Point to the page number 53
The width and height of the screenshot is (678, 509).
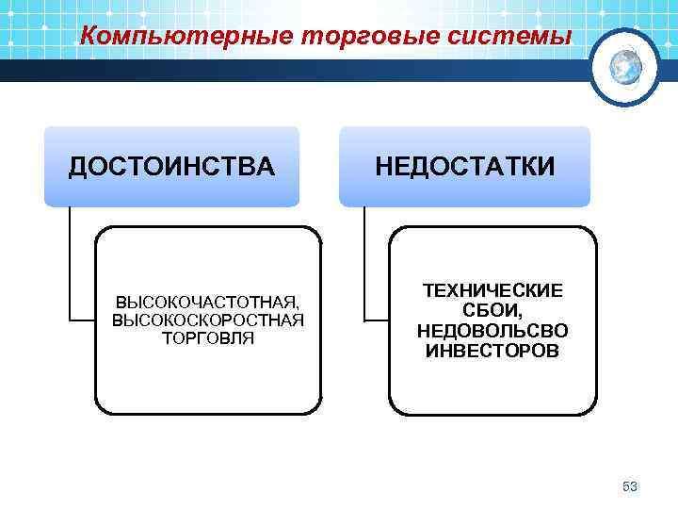point(630,486)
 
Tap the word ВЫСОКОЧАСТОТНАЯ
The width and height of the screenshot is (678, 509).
point(207,303)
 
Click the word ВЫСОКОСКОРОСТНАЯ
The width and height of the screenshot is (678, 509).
point(207,320)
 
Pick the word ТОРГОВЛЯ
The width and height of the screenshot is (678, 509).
point(207,337)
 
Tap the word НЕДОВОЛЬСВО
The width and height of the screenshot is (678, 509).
point(492,331)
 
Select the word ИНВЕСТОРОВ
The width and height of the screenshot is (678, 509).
point(492,351)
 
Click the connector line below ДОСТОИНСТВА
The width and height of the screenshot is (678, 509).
point(71,264)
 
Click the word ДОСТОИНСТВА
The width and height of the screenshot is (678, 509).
point(171,168)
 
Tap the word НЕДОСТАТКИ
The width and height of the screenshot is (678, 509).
point(464,168)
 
